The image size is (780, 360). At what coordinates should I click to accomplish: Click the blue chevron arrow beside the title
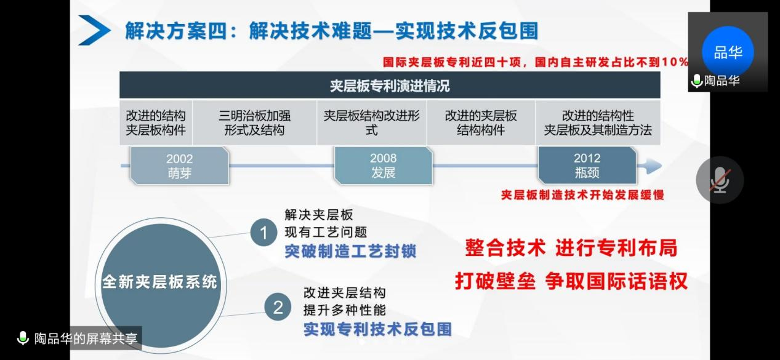click(x=94, y=30)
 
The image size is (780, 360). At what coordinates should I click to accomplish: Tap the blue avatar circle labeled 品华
click(x=728, y=52)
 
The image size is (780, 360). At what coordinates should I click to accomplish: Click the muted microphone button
click(x=719, y=180)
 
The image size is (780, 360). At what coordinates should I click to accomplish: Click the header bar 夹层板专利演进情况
click(x=389, y=86)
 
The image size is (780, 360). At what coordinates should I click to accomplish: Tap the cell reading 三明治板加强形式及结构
click(x=254, y=123)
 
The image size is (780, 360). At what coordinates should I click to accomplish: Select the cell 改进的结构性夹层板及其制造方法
click(x=597, y=123)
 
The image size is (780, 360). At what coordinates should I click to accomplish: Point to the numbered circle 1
click(x=264, y=233)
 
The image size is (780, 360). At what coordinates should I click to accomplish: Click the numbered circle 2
click(x=278, y=306)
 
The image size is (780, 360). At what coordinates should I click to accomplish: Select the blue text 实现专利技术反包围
click(x=377, y=329)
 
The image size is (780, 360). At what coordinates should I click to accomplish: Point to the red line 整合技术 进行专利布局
click(x=571, y=248)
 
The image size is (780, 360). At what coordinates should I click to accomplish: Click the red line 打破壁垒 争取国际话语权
click(x=571, y=281)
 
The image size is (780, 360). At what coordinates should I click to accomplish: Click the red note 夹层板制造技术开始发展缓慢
click(x=582, y=194)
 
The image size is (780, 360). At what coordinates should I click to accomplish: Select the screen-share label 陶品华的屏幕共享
click(x=79, y=338)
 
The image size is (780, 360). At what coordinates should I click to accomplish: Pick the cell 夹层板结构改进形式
click(x=371, y=123)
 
